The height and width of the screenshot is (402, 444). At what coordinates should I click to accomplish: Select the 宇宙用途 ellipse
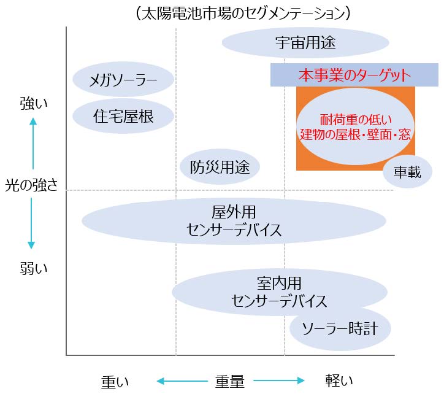pos(305,43)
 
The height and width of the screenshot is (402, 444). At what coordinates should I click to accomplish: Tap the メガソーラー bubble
pos(123,79)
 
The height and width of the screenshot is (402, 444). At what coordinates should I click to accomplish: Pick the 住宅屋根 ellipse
pos(123,115)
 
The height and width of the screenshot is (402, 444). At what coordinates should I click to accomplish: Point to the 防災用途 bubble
pos(220,167)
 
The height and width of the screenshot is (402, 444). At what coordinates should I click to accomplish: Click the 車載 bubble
pos(407,172)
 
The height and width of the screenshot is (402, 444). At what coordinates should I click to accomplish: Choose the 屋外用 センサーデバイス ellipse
pos(234,222)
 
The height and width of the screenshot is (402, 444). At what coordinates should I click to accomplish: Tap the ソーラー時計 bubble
pos(340,329)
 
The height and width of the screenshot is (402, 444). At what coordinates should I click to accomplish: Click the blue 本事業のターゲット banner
pos(354,75)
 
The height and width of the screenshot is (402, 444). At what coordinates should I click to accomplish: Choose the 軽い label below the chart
pos(339,381)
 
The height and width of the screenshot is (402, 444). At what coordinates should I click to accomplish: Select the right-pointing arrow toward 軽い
pos(279,381)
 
